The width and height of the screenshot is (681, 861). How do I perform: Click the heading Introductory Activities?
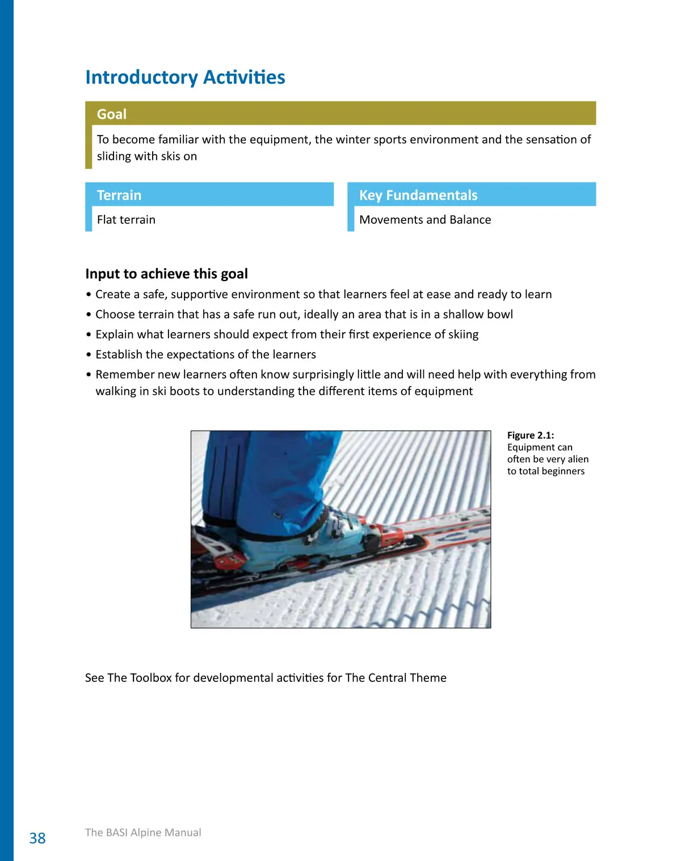pyautogui.click(x=185, y=77)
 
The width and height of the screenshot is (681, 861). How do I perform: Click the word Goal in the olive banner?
pyautogui.click(x=112, y=114)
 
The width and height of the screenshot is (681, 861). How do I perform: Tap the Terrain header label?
pyautogui.click(x=119, y=195)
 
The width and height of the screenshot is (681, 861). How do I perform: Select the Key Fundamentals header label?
pyautogui.click(x=418, y=195)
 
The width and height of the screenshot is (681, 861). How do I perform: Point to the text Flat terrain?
pyautogui.click(x=126, y=220)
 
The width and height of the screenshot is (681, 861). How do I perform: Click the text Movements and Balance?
pyautogui.click(x=425, y=220)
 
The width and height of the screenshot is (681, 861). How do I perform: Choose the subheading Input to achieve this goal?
pyautogui.click(x=166, y=274)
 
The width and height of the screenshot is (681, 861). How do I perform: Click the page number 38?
pyautogui.click(x=37, y=838)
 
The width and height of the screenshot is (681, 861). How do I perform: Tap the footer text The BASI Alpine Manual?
pyautogui.click(x=143, y=832)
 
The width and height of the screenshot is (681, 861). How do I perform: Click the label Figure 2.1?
pyautogui.click(x=531, y=435)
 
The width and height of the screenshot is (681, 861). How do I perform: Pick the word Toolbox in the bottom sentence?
pyautogui.click(x=151, y=678)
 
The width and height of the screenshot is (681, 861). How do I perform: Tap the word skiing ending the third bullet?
pyautogui.click(x=463, y=334)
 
